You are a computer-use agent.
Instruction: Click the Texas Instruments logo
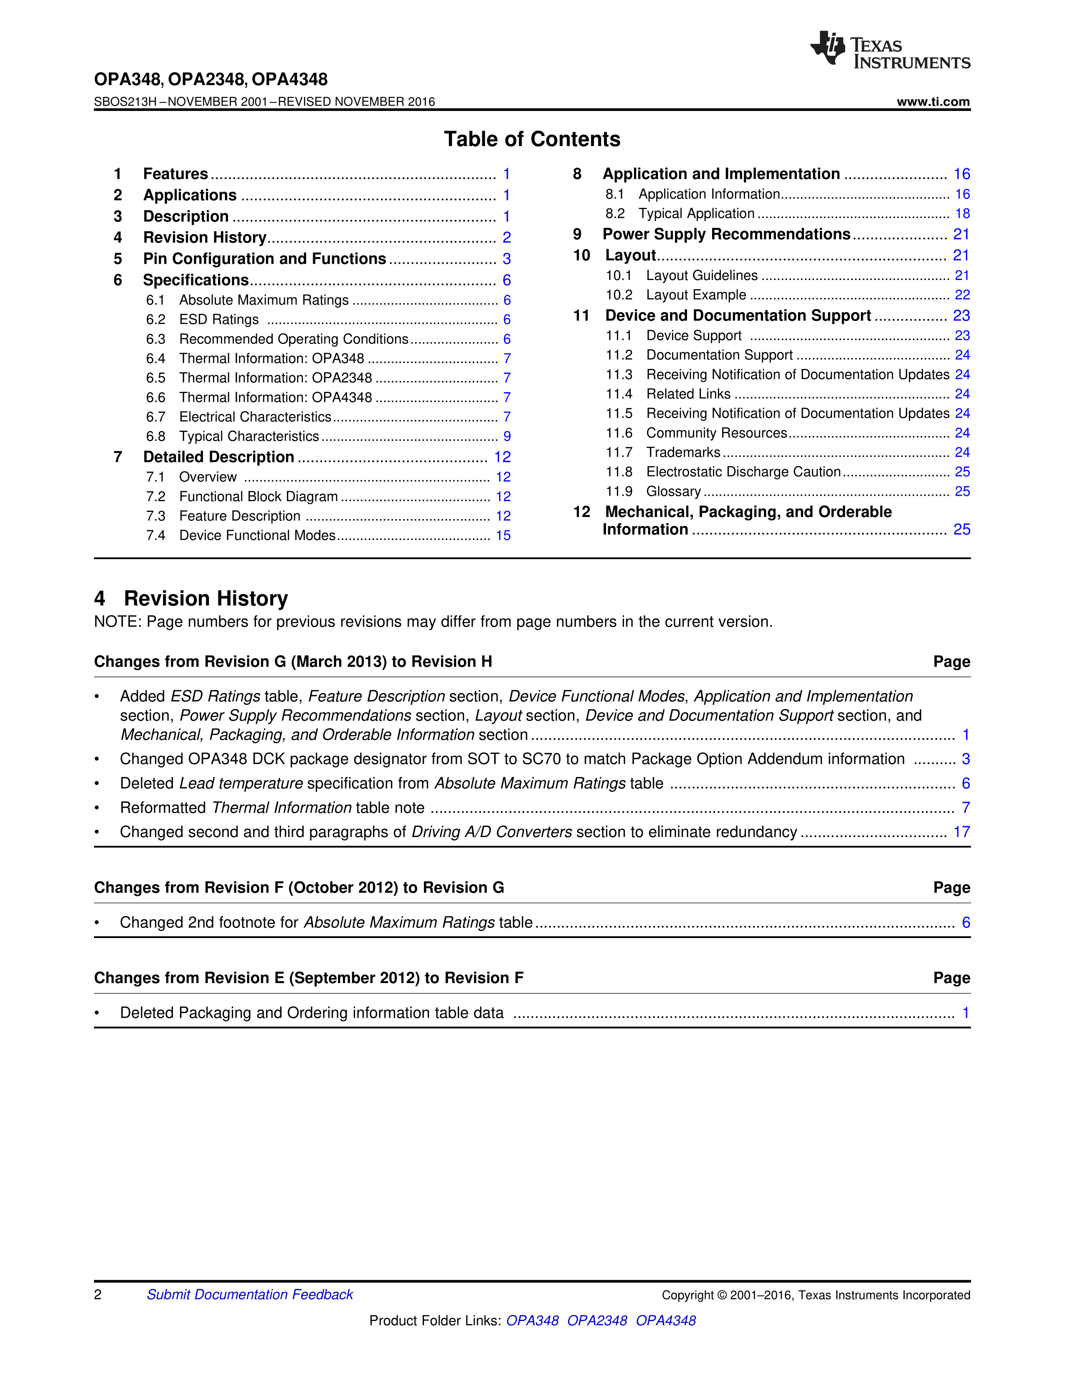[890, 50]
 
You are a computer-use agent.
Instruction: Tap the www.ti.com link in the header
[933, 101]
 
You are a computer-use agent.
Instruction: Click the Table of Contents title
[532, 139]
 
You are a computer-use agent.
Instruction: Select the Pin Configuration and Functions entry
[264, 259]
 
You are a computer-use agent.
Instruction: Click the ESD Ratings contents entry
[219, 320]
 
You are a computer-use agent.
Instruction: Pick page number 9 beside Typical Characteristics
[507, 436]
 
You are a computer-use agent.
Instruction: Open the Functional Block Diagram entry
[258, 497]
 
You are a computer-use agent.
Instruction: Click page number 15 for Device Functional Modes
[503, 536]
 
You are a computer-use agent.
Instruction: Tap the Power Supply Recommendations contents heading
[726, 235]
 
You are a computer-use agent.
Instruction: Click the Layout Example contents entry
[696, 295]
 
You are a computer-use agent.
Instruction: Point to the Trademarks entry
[683, 453]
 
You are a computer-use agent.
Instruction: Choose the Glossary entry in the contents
[673, 492]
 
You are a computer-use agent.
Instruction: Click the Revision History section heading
[205, 598]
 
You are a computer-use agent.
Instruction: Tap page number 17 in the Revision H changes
[961, 832]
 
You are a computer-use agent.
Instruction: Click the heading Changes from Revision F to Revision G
[299, 888]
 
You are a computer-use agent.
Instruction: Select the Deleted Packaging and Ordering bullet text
[312, 1013]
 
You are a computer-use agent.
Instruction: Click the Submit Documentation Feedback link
[250, 1295]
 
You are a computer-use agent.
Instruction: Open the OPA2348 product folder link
[597, 1321]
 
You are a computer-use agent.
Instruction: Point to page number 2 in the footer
[98, 1295]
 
